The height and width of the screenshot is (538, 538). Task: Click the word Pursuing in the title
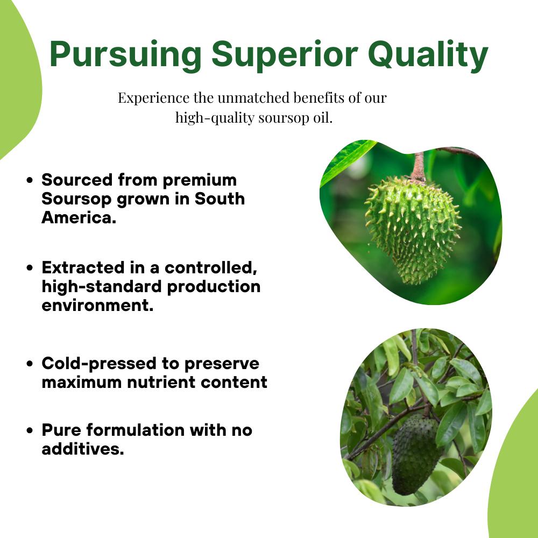125,55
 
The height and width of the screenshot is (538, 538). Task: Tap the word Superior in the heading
285,55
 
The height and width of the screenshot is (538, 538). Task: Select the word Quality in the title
428,55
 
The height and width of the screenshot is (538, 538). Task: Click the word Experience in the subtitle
153,98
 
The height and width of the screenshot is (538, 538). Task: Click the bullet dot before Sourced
30,180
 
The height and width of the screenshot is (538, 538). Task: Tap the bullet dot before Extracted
30,268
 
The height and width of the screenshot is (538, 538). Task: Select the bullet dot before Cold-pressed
30,364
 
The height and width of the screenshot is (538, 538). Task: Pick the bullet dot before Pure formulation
30,430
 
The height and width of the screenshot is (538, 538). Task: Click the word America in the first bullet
79,217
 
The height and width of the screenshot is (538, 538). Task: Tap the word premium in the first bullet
200,181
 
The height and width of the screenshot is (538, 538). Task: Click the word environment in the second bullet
97,306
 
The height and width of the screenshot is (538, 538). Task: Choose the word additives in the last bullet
83,449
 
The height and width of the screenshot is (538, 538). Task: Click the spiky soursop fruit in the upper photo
413,230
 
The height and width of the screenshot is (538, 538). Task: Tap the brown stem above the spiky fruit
418,167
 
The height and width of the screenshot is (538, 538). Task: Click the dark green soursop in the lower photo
415,454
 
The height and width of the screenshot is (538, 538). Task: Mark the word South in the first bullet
220,199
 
